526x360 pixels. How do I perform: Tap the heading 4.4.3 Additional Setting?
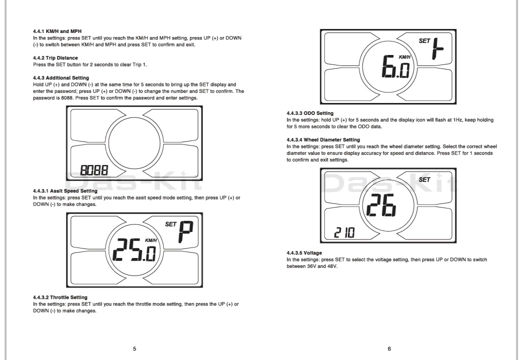pyautogui.click(x=61, y=78)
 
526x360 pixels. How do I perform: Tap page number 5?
pyautogui.click(x=134, y=348)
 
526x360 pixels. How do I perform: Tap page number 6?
pyautogui.click(x=390, y=348)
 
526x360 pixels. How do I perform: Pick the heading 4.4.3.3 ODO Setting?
pyautogui.click(x=310, y=113)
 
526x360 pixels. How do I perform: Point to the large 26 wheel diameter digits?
pyautogui.click(x=381, y=203)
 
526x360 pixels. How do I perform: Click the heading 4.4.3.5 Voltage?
pyautogui.click(x=304, y=253)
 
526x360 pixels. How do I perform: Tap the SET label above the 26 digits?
pyautogui.click(x=424, y=179)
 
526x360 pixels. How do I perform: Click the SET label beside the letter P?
pyautogui.click(x=171, y=224)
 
